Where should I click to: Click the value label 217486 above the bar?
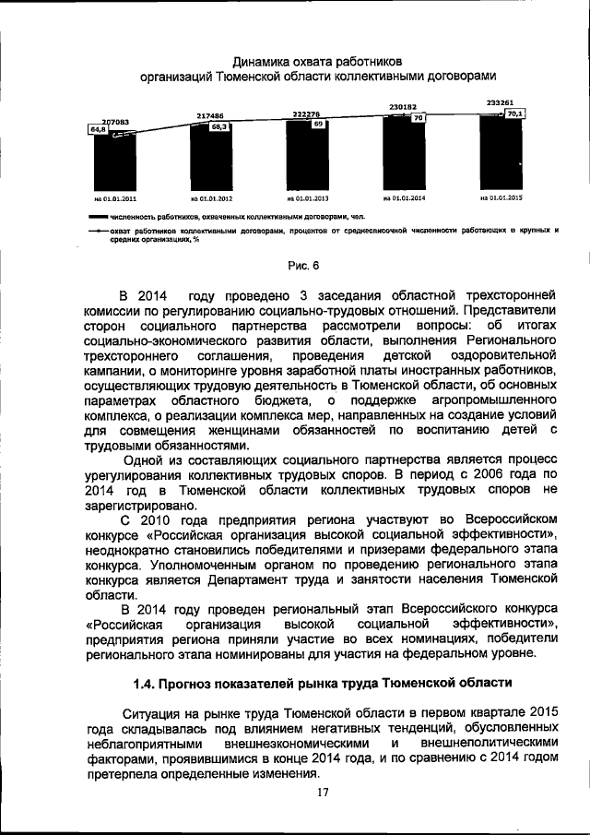[211, 116]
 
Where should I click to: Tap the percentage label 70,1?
[515, 113]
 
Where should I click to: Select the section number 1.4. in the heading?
[148, 685]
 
